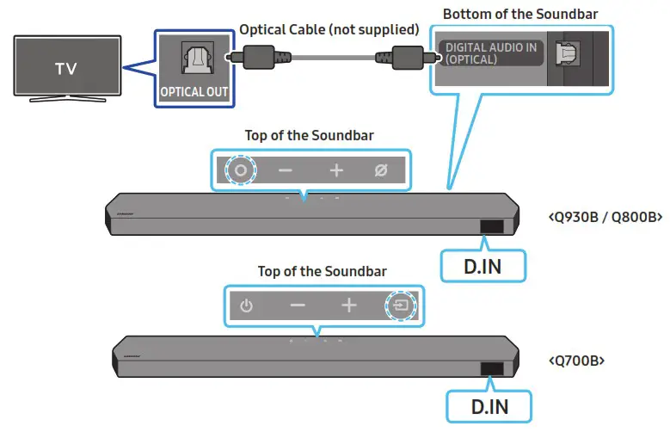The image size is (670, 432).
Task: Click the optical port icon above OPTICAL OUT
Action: click(x=194, y=57)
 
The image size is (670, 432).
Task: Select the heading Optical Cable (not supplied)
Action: click(x=329, y=29)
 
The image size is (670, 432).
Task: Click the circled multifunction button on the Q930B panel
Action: click(x=240, y=170)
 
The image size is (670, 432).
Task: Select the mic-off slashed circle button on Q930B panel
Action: click(x=381, y=170)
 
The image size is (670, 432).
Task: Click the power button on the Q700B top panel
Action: click(x=247, y=306)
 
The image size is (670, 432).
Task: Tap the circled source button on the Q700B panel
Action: click(x=399, y=305)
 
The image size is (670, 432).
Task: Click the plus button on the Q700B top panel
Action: click(x=348, y=305)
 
